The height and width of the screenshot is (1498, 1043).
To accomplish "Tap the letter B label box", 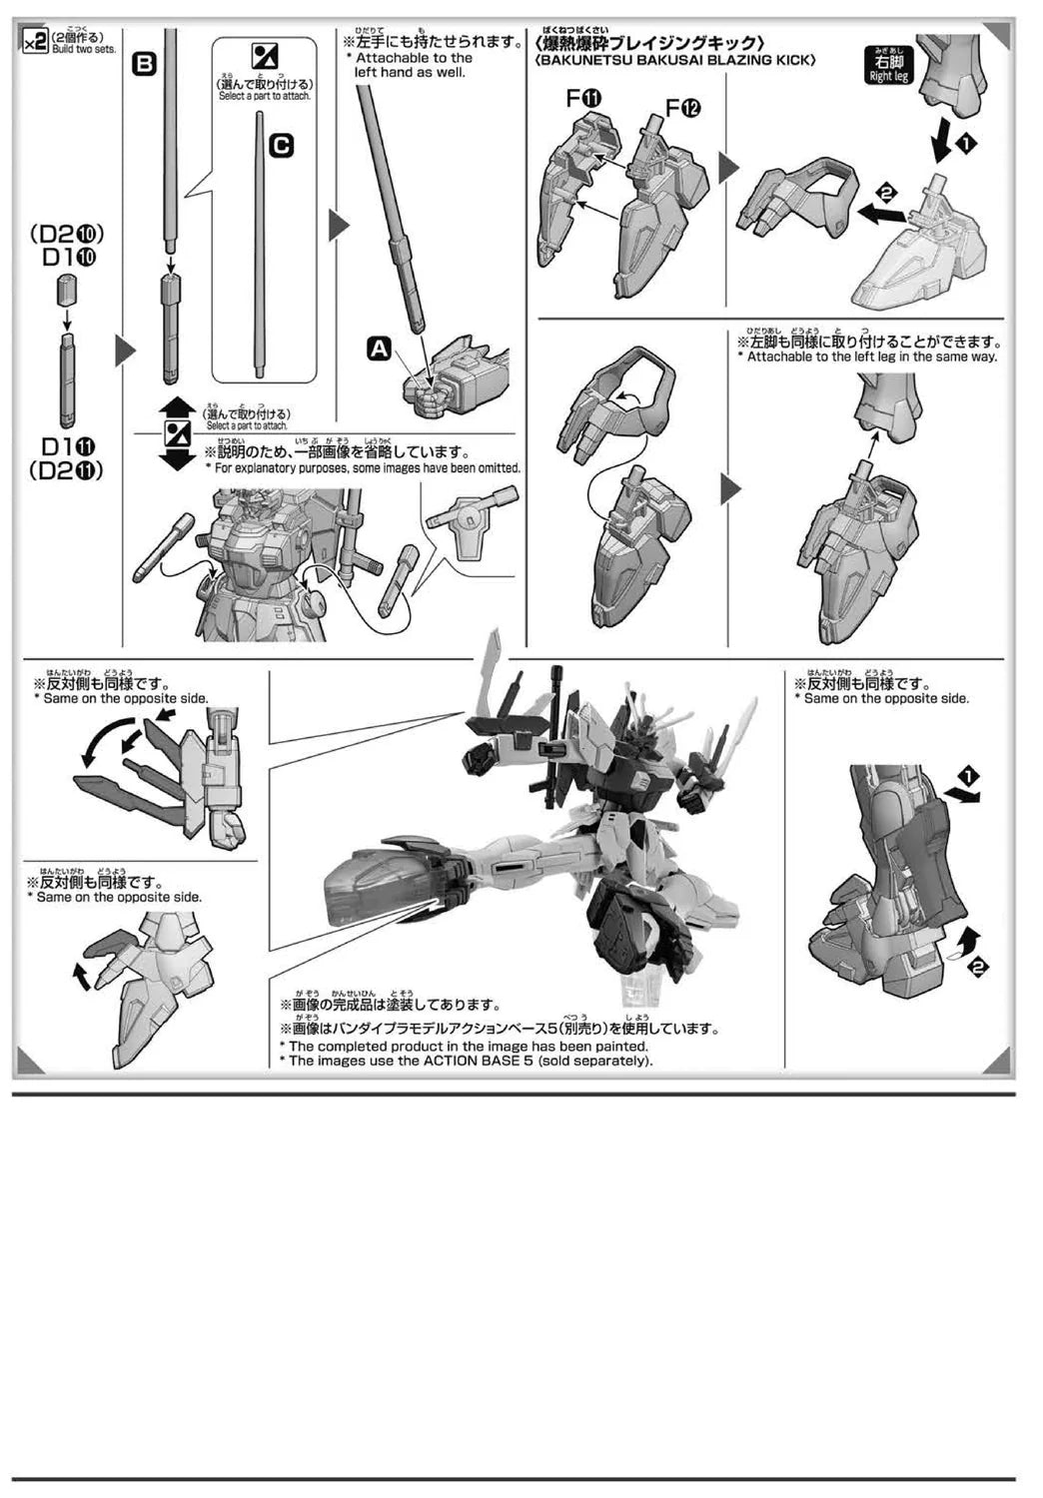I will [144, 65].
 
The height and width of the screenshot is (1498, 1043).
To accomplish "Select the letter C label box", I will [282, 146].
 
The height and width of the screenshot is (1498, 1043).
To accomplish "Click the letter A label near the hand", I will [380, 348].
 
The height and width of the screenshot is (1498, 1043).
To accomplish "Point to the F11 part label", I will [582, 98].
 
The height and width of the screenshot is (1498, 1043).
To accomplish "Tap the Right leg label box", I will [887, 67].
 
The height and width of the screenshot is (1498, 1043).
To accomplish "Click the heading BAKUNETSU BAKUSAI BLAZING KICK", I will [675, 61].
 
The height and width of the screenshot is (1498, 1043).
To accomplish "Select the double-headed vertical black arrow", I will [177, 432].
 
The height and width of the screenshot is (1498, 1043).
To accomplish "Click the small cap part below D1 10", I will [67, 292].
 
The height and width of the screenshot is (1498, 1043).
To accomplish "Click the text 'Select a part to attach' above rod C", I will [265, 96].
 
